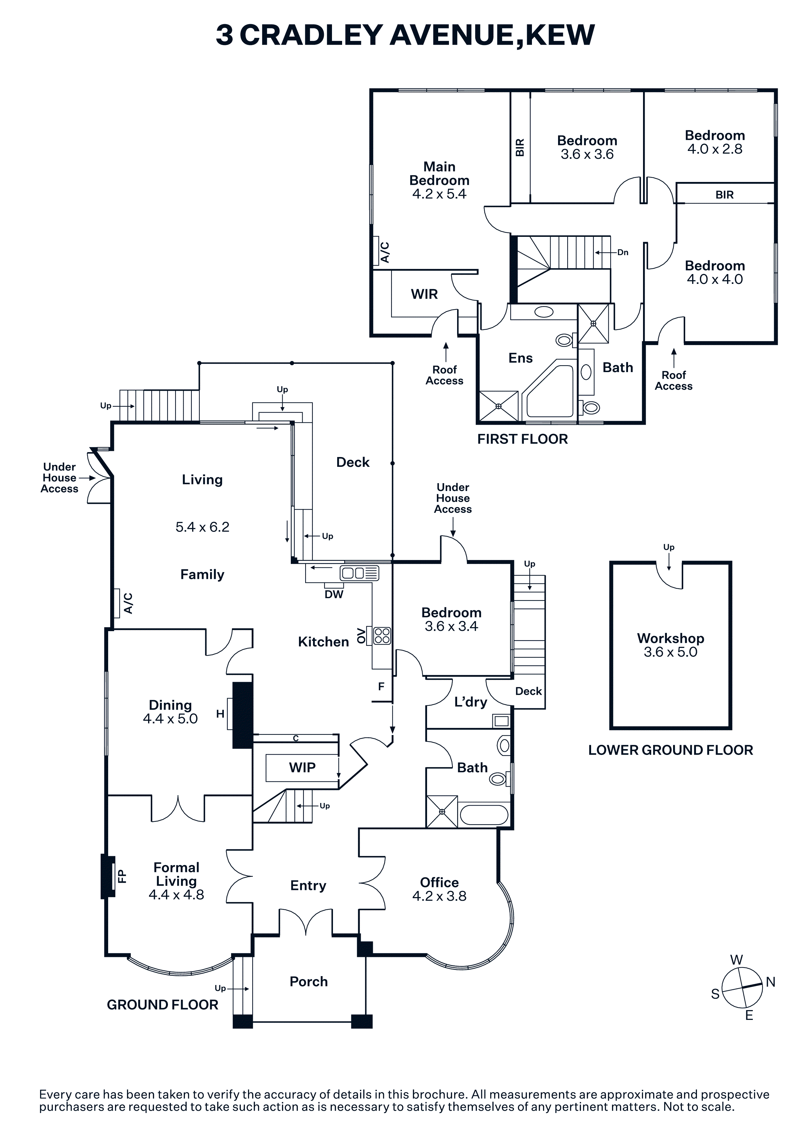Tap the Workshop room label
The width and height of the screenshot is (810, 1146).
(x=670, y=638)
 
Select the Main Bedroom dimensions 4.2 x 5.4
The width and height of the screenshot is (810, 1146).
(x=439, y=194)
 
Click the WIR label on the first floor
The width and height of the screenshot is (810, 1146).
(x=424, y=294)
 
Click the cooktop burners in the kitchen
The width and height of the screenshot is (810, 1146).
(x=382, y=636)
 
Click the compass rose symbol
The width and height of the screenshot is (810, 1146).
(x=742, y=988)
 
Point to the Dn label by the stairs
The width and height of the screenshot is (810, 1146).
(x=622, y=253)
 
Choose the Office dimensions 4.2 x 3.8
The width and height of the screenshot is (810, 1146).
(x=439, y=896)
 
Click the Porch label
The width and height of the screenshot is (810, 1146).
(x=308, y=981)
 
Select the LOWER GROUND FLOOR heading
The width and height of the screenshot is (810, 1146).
(x=670, y=750)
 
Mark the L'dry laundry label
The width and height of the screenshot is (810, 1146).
(x=470, y=702)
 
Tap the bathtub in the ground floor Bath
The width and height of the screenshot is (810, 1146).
(x=484, y=815)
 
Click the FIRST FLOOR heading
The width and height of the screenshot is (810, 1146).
(x=522, y=439)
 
